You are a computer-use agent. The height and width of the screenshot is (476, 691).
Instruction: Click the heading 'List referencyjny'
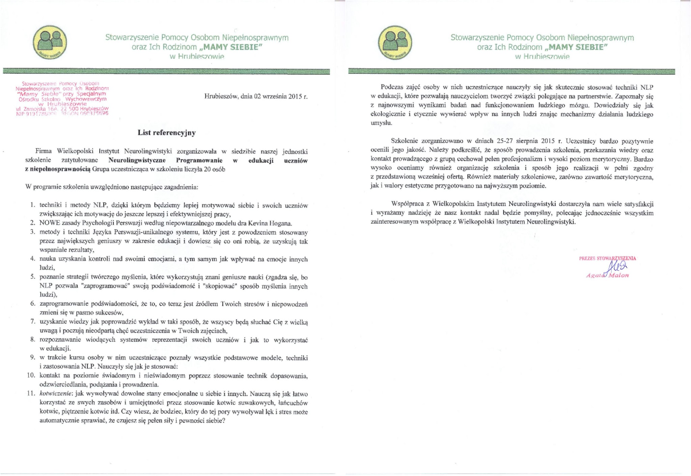166,133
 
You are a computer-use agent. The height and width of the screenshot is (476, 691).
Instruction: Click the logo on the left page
50,43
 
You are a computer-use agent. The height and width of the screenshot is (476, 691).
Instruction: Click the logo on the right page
395,43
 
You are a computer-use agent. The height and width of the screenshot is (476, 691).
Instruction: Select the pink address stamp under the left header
62,99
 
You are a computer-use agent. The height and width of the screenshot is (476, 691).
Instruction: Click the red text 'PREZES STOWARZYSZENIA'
607,258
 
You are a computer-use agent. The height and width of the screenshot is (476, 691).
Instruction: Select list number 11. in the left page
31,393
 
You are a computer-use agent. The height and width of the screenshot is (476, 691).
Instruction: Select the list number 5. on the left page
32,277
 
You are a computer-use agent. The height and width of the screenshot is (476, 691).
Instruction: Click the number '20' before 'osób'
207,169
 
